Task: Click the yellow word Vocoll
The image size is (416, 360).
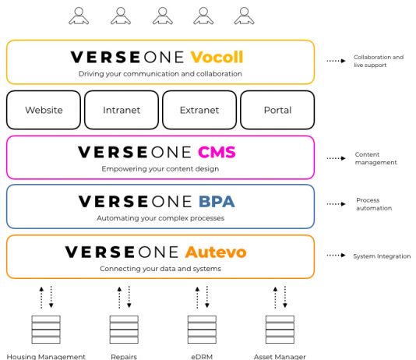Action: (x=217, y=57)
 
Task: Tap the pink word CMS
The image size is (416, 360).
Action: (x=217, y=152)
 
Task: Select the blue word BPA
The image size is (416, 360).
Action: (x=217, y=202)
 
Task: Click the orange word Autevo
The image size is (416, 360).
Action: (x=216, y=252)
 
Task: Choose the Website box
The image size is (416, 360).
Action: (x=44, y=110)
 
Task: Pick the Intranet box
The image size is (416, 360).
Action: (x=122, y=110)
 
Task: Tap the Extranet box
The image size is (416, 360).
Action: (x=199, y=110)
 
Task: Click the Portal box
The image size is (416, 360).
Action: (x=277, y=110)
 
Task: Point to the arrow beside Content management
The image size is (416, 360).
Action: (x=336, y=158)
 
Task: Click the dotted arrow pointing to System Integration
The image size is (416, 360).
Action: (x=336, y=256)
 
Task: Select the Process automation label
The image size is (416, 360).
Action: (x=374, y=204)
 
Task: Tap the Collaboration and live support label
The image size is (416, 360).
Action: (x=379, y=61)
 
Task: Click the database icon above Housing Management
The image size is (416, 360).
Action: (x=46, y=330)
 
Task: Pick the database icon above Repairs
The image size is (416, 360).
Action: (x=124, y=330)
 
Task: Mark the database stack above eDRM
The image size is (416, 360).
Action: (x=202, y=330)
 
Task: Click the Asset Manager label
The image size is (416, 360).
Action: (x=280, y=357)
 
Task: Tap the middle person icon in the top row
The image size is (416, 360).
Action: (x=163, y=16)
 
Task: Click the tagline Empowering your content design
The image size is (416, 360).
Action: (x=160, y=169)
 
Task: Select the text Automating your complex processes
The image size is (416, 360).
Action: (x=160, y=218)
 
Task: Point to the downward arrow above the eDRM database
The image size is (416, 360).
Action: (x=207, y=297)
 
